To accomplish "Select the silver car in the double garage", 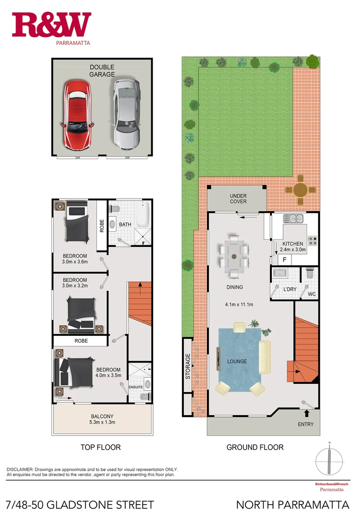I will (x=127, y=114).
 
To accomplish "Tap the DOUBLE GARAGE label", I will (x=102, y=70).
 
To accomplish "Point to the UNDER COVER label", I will (x=238, y=198).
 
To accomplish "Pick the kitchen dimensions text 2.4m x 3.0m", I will (x=292, y=249).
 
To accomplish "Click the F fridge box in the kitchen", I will (x=284, y=260).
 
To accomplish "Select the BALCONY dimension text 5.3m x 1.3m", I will (x=102, y=422).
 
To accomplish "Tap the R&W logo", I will (x=51, y=25).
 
